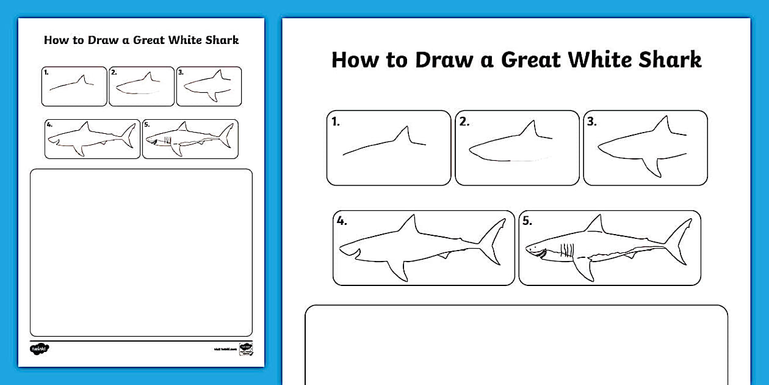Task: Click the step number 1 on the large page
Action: pyautogui.click(x=335, y=121)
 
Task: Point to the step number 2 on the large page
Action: pyautogui.click(x=464, y=121)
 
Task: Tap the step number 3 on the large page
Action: pyautogui.click(x=591, y=121)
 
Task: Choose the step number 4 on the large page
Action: pyautogui.click(x=342, y=221)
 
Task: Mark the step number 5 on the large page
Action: pyautogui.click(x=527, y=221)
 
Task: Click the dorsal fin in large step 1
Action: pyautogui.click(x=403, y=134)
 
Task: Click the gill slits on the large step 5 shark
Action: pyautogui.click(x=568, y=251)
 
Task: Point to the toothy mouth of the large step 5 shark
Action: pyautogui.click(x=536, y=252)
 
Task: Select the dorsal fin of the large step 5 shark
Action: pyautogui.click(x=595, y=224)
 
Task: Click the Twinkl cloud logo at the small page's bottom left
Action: pyautogui.click(x=39, y=348)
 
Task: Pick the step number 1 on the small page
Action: pyautogui.click(x=46, y=72)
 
